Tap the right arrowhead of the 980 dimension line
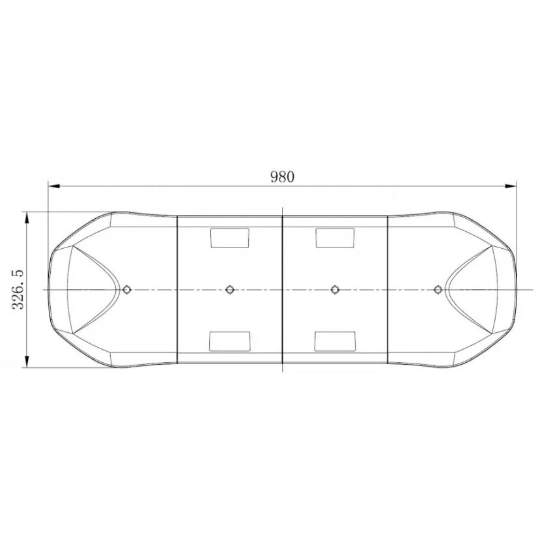click(x=512, y=187)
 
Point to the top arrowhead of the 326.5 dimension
click(x=27, y=218)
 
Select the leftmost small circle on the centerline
click(x=126, y=289)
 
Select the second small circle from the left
click(x=229, y=289)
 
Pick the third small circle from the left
click(x=335, y=289)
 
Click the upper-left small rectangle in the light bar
click(x=229, y=238)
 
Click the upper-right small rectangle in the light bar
click(x=335, y=238)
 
